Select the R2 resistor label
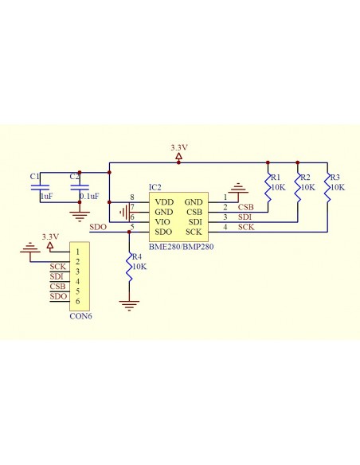[305, 178]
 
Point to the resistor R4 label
[137, 257]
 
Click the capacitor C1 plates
[40, 187]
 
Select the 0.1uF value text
[89, 197]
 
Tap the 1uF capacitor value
[47, 197]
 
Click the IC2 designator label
[155, 187]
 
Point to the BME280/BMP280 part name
[181, 247]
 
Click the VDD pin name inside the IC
[164, 202]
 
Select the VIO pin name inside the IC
[162, 222]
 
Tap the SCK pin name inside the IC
[194, 232]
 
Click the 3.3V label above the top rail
[179, 147]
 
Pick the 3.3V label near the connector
[50, 236]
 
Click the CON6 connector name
[80, 316]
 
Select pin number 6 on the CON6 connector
[78, 301]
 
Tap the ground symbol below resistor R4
[129, 306]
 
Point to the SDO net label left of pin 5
[98, 227]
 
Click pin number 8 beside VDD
[132, 197]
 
